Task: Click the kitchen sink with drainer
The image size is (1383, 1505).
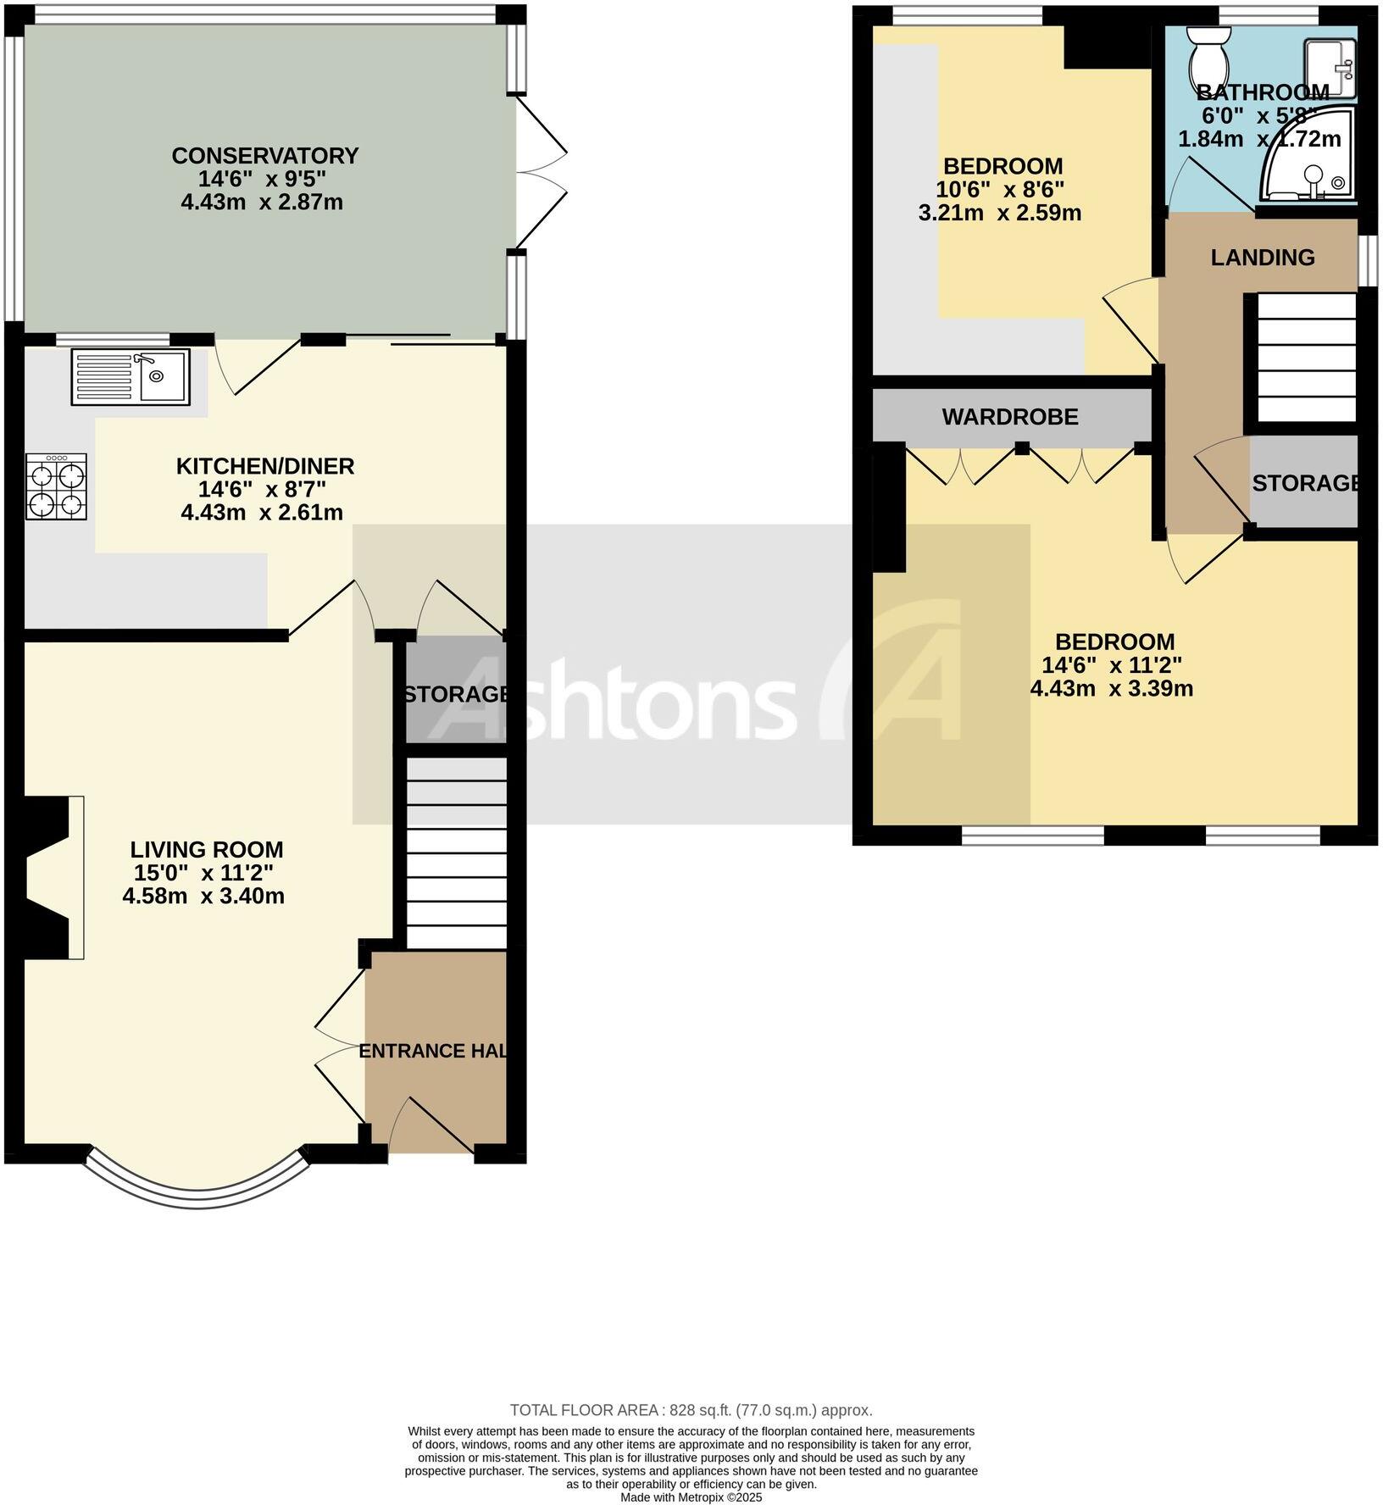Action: [131, 376]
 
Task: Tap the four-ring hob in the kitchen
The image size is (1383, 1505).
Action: [56, 486]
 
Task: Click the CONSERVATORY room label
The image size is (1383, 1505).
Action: [264, 156]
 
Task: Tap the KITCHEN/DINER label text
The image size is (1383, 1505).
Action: [264, 466]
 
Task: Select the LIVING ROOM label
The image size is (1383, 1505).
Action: [207, 849]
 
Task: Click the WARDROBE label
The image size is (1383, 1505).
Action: [1009, 417]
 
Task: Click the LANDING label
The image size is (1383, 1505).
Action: [1262, 258]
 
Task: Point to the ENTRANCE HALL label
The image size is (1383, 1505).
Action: [434, 1052]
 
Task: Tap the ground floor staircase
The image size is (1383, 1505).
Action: [456, 852]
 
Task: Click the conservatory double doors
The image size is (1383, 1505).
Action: [539, 174]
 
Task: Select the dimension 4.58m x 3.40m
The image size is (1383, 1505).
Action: [203, 897]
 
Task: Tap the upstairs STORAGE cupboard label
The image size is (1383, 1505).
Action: [1304, 483]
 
